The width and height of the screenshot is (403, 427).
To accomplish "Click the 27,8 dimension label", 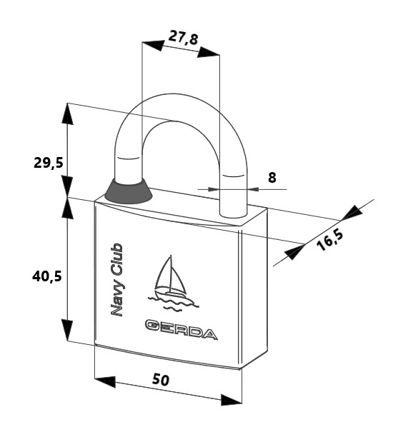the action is coord(183,38).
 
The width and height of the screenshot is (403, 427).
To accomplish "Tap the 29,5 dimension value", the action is coord(48,163).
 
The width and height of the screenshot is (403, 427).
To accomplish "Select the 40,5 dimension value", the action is coord(47,277).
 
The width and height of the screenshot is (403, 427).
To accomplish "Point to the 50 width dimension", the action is coord(161,380).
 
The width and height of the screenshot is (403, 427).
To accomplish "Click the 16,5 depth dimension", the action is coord(329,241).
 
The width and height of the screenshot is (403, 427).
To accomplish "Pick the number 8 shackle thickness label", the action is coord(272,178).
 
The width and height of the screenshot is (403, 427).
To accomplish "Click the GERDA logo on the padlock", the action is coord(181,329).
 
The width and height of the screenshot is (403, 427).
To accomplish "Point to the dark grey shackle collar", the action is coord(128,191).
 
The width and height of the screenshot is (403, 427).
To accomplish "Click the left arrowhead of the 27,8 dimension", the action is coord(153,45).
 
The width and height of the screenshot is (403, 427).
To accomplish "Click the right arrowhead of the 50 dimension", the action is coord(231,399).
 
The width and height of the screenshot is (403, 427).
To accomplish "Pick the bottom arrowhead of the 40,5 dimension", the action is coord(67,330).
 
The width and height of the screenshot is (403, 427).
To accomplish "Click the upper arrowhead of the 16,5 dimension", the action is coord(352,212).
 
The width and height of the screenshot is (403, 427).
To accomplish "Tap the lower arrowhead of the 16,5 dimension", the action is coord(294,252).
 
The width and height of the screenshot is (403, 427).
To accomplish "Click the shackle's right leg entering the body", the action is coord(234,196).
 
